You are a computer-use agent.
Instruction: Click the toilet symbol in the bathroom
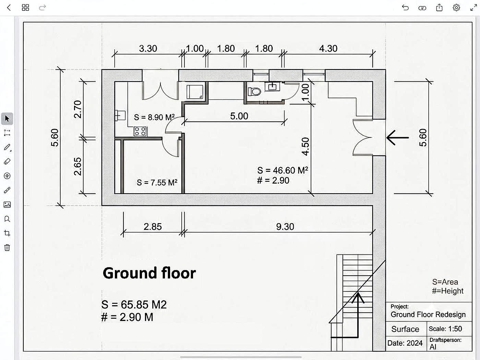[x=254, y=91]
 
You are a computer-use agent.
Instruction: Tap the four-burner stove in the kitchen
[x=140, y=131]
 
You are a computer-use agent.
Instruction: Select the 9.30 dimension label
[x=285, y=227]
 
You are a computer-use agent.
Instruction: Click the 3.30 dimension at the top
[x=148, y=49]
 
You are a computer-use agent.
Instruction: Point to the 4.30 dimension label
[x=328, y=49]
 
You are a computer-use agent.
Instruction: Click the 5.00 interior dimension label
[x=239, y=116]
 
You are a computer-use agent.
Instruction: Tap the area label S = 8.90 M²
[x=154, y=117]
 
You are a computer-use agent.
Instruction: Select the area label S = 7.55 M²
[x=157, y=182]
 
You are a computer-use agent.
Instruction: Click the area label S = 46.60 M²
[x=283, y=170]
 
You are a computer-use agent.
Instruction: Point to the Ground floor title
[x=149, y=273]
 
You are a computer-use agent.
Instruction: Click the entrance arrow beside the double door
[x=397, y=138]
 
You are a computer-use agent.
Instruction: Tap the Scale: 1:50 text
[x=445, y=329]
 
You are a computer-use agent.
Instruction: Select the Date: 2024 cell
[x=405, y=343]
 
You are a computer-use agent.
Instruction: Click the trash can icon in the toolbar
[x=7, y=248]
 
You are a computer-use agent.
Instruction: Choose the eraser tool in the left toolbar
[x=7, y=161]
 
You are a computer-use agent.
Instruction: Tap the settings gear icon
[x=456, y=8]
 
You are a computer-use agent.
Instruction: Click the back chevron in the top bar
[x=9, y=8]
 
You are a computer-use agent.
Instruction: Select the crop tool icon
[x=7, y=233]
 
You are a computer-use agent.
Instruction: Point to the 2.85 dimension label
[x=153, y=227]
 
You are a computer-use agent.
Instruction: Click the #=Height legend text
[x=448, y=291]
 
